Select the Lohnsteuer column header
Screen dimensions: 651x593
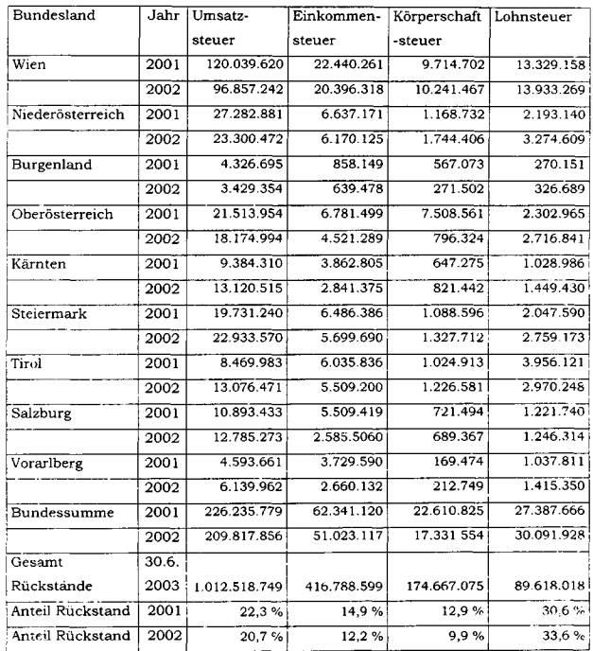click(x=527, y=17)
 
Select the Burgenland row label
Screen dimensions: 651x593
click(x=51, y=164)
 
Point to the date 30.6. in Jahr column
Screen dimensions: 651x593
click(x=162, y=560)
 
